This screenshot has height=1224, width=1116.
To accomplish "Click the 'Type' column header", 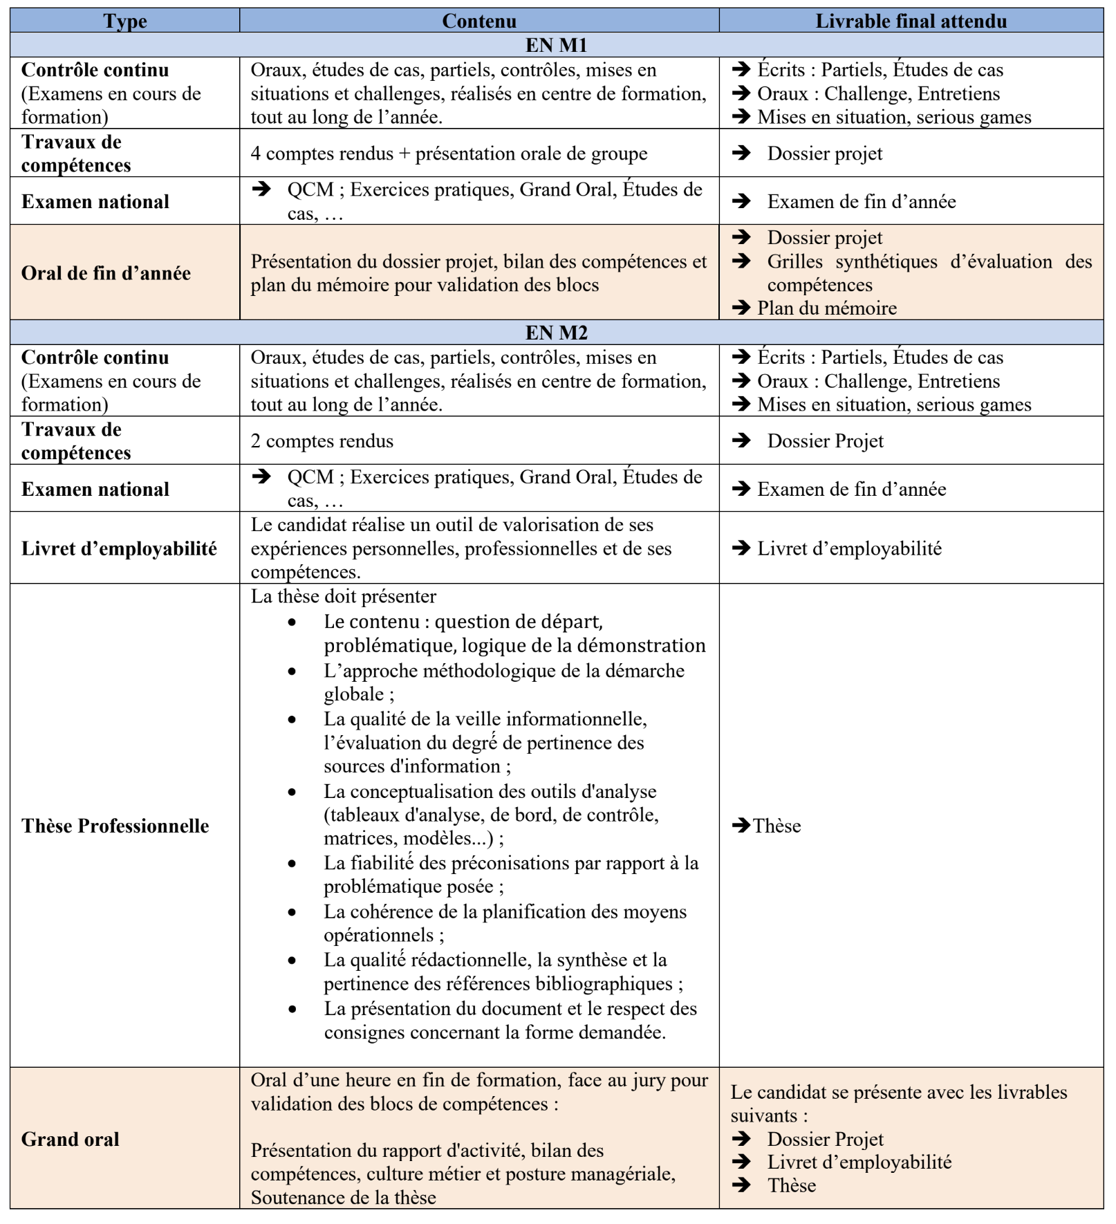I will coord(125,21).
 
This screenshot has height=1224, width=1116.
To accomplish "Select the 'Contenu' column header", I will coord(478,21).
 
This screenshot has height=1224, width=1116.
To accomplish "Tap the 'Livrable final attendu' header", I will coord(911,21).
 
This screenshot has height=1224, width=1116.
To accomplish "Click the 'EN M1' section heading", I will coord(556,45).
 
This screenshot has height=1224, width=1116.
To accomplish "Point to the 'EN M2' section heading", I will coord(556,333).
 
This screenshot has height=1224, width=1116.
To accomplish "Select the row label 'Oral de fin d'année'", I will coord(106,273).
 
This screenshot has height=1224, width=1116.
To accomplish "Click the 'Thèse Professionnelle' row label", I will coord(115,826).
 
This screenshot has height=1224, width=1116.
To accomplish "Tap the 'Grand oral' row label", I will coord(70,1139).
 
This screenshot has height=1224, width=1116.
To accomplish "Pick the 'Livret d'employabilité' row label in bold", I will coord(119,548).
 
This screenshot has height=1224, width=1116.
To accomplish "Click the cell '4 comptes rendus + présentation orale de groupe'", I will coord(449,154).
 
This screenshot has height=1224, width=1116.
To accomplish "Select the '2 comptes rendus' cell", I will coord(322,441).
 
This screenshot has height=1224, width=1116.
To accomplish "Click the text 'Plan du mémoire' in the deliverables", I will coord(826,308).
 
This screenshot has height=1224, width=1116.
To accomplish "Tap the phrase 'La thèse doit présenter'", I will coord(343,596).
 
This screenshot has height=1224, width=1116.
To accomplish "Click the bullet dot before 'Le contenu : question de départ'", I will coord(292,622).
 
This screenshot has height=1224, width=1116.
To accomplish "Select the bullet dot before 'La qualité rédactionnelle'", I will coord(292,961).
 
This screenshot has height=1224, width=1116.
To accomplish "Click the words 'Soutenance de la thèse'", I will coord(343,1198).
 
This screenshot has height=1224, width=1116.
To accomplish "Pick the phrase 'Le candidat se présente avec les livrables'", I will coord(898,1092).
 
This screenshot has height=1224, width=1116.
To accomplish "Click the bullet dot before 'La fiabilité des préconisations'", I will coord(292,864).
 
